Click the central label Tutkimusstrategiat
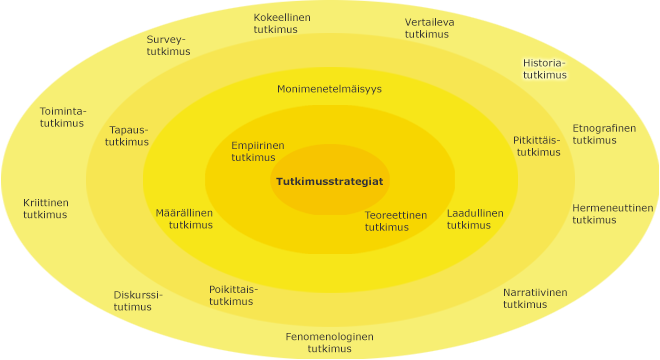pos(329,181)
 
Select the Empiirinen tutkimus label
pos(257,151)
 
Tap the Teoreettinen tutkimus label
pos(395,221)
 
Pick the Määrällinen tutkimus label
pos(184,219)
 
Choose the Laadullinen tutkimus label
pos(475,219)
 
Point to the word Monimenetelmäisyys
pos(329,89)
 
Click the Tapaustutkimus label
pos(127,136)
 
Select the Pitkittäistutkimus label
pos(537,146)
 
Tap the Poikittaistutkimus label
pos(232,295)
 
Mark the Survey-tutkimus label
pos(168,46)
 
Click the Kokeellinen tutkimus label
pos(281,24)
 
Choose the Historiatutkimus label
pos(544,68)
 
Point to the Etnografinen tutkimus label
pos(603,134)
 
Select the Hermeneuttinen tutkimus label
pos(612,214)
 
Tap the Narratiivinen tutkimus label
pos(534,298)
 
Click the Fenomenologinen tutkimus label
pos(329,342)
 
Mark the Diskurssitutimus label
pos(137,301)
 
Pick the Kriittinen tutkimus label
pos(46,208)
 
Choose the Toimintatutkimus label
pos(62,117)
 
